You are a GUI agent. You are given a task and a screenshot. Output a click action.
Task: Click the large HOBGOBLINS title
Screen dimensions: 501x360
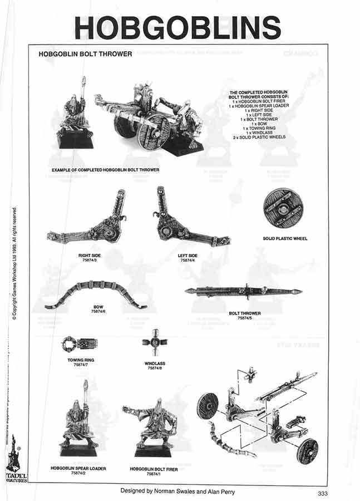(x=177, y=27)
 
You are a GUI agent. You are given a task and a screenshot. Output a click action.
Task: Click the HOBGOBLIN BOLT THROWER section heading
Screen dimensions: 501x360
(x=85, y=55)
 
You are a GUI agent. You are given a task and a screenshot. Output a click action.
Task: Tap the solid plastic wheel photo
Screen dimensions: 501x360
(x=285, y=207)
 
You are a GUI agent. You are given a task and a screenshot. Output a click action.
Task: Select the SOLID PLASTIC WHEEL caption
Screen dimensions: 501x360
(x=285, y=239)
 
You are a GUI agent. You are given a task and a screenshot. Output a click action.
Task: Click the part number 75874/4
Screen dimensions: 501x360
(x=188, y=260)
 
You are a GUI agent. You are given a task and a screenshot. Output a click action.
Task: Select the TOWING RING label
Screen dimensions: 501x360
(x=81, y=360)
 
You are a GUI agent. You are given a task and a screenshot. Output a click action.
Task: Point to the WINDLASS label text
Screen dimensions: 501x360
(x=154, y=364)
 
